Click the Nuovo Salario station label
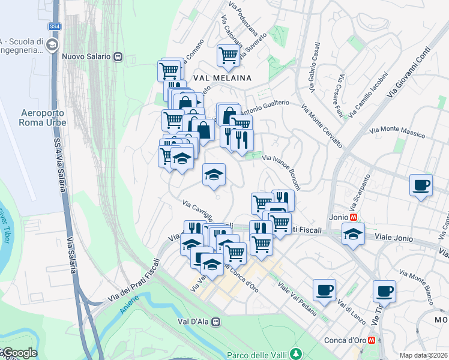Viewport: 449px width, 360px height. click(86, 56)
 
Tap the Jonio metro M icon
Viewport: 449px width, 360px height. click(355, 217)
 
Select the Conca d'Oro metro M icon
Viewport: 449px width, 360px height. click(373, 340)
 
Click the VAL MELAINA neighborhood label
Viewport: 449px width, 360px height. click(221, 78)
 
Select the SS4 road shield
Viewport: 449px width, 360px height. click(55, 26)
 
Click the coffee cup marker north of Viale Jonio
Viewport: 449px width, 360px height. click(421, 185)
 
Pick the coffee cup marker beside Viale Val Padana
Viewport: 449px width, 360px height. click(324, 290)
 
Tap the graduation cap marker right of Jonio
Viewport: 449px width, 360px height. click(353, 234)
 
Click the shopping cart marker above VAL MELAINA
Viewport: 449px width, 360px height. click(228, 56)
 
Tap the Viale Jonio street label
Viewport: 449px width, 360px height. click(394, 238)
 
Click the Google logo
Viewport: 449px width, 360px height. click(19, 353)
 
